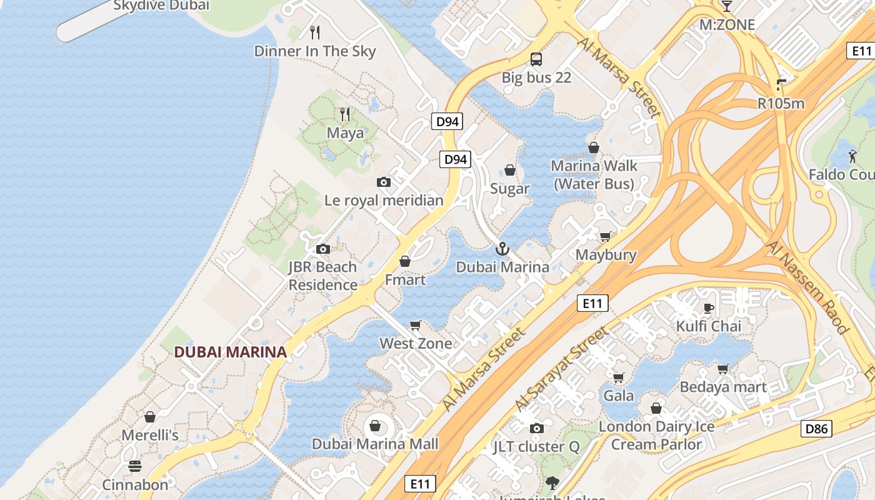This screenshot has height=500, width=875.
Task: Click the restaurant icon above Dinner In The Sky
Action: [316, 32]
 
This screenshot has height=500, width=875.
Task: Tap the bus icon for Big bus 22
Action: [536, 59]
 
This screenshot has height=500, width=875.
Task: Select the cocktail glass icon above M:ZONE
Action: [726, 6]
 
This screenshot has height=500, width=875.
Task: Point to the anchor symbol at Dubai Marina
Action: [502, 249]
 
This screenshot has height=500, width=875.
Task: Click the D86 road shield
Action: [816, 429]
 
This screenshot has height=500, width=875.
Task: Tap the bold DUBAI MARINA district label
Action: [230, 352]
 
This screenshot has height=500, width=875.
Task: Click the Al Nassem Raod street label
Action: [807, 288]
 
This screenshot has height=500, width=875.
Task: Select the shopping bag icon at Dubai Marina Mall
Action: [375, 426]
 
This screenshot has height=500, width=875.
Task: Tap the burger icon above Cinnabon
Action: [135, 466]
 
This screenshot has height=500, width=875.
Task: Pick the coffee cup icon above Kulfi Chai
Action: [709, 307]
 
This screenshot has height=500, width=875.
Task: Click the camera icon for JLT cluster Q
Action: [536, 428]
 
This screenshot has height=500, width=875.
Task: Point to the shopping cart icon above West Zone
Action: [416, 325]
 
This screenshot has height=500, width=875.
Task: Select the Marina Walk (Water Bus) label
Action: [594, 174]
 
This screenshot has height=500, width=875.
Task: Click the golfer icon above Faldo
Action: [852, 156]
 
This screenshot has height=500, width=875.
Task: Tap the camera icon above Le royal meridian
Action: [384, 182]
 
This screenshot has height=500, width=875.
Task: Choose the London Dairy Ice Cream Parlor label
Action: [656, 436]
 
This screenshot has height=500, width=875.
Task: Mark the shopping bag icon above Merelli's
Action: [150, 417]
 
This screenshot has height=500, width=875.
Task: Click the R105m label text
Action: [781, 104]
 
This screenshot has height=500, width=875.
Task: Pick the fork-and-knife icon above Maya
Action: [345, 114]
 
